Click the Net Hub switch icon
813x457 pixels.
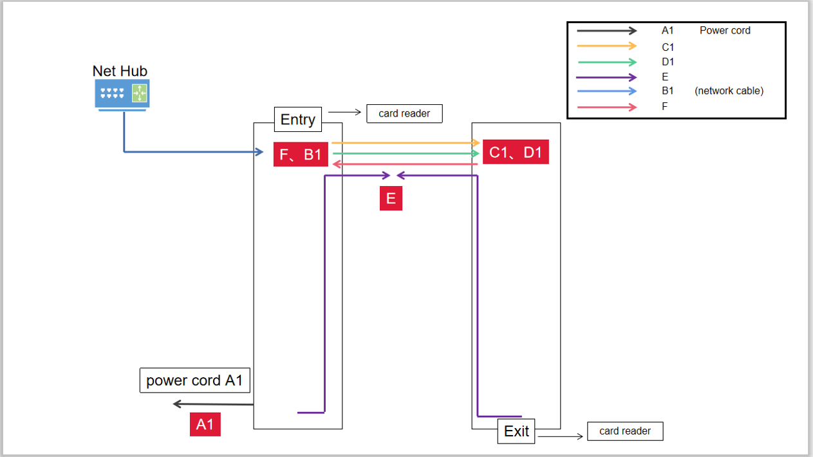tap(122, 94)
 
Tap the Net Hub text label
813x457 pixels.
tap(120, 71)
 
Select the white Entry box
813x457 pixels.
tap(298, 119)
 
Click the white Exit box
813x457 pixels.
tap(516, 431)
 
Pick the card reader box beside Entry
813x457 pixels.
tap(404, 114)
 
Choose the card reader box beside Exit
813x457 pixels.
tap(625, 431)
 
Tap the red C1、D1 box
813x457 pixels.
tap(516, 152)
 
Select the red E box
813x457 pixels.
tap(391, 198)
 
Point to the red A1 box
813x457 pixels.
tap(205, 424)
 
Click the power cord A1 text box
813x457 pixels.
tap(194, 380)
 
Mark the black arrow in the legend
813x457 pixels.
tap(606, 30)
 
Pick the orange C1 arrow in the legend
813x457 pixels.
tap(606, 46)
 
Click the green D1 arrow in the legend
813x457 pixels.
tap(606, 62)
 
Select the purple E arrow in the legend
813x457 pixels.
tap(606, 77)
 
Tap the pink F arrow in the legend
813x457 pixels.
tap(606, 107)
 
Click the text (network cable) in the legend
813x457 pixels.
tap(729, 91)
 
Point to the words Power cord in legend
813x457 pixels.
tap(725, 30)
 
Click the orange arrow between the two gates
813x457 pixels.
tap(406, 142)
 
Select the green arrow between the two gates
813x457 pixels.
tap(406, 154)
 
